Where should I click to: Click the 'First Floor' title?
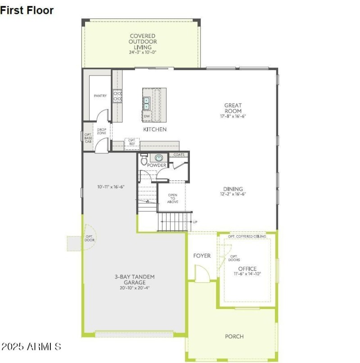coord(27,10)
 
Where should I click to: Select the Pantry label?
coord(100,96)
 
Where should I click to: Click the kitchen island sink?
coord(147,103)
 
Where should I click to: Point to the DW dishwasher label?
coord(147,116)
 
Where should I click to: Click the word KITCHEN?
coord(155,130)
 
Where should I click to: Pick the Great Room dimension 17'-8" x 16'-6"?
coord(233,116)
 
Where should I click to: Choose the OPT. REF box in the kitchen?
coord(132,142)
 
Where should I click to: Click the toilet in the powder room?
coord(144,159)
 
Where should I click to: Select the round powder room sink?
coord(159,157)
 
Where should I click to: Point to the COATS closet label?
coord(179,155)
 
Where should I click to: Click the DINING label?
coord(233,189)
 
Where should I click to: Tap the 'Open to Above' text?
coord(173,198)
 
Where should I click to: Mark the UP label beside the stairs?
coord(195,222)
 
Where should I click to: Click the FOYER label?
coord(202,255)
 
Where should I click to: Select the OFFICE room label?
coord(247,269)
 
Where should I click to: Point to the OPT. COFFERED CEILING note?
coord(247,236)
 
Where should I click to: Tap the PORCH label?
coord(234,336)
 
